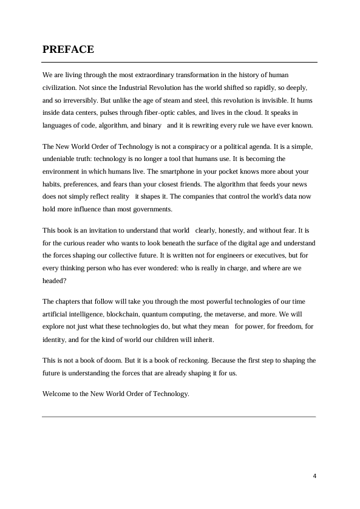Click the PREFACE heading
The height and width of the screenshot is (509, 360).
tap(68, 50)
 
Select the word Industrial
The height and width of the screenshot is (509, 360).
tap(132, 87)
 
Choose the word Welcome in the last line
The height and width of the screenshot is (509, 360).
tap(56, 393)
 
